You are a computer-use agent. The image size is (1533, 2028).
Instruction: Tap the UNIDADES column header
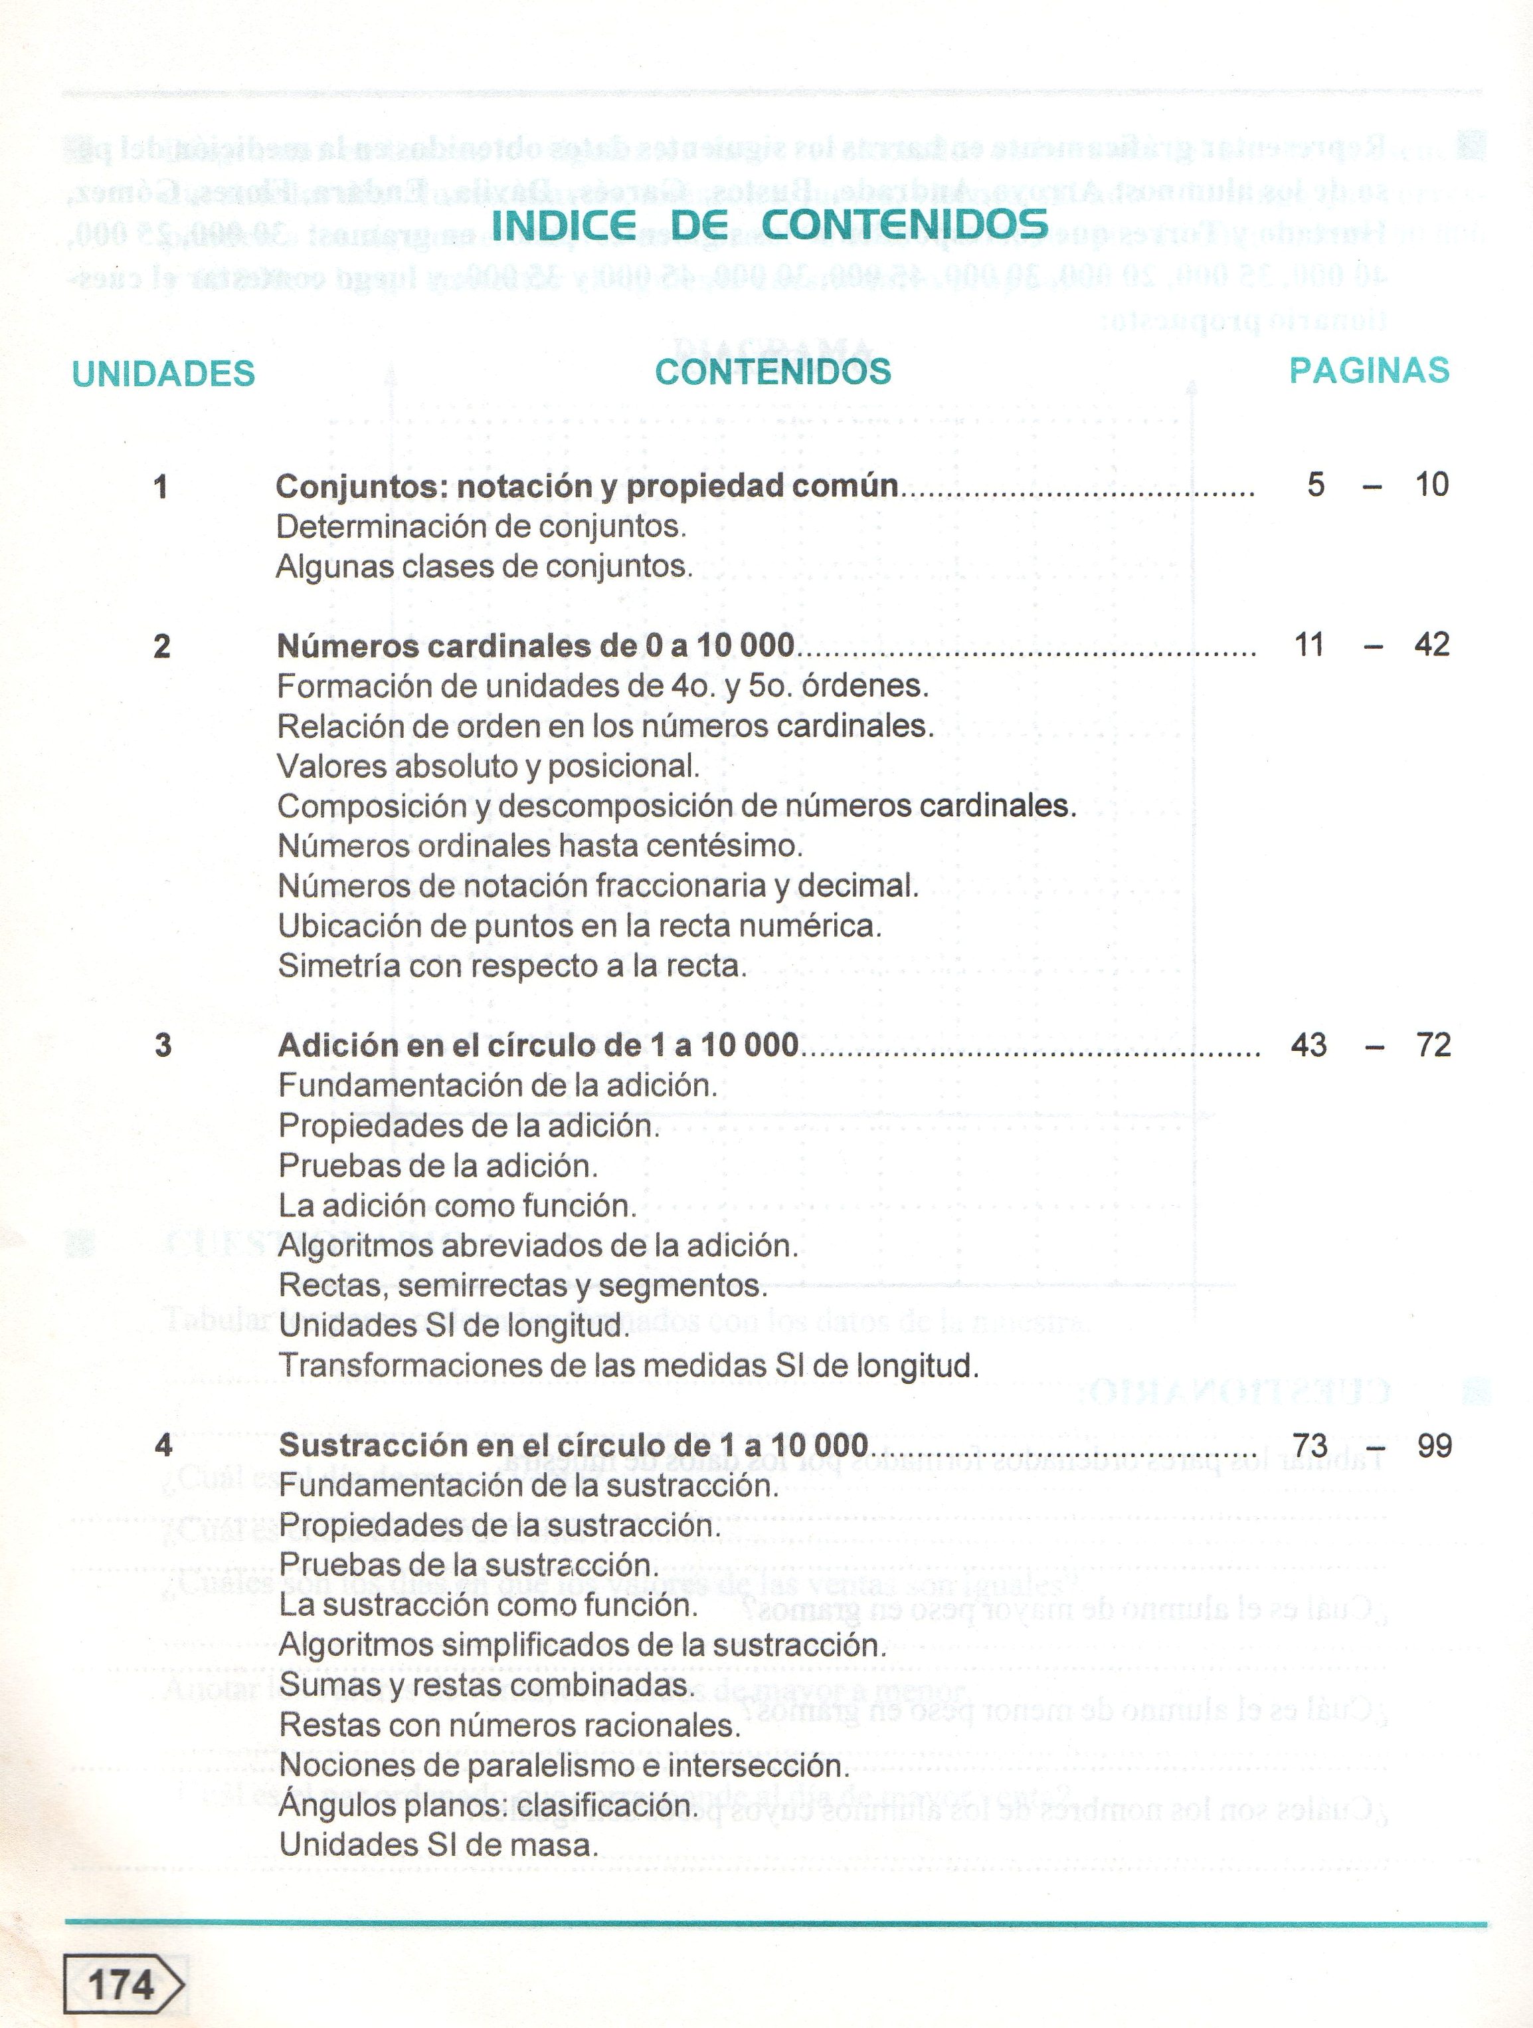tap(163, 373)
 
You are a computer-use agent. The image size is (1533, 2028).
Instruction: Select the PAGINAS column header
tap(1368, 370)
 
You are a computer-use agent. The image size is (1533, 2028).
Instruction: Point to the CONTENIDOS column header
tap(772, 372)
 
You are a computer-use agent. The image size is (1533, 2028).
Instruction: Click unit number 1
tap(161, 486)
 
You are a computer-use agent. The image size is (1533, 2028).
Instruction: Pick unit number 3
tap(163, 1045)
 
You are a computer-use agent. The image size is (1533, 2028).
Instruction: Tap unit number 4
tap(163, 1446)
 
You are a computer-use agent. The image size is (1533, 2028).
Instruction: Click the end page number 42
tap(1431, 645)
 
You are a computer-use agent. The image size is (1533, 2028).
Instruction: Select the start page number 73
tap(1309, 1446)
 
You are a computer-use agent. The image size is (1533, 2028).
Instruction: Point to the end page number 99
tap(1434, 1446)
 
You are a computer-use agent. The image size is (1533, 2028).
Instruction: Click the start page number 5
tap(1316, 484)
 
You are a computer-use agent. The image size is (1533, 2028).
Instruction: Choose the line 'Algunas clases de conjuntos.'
tap(484, 566)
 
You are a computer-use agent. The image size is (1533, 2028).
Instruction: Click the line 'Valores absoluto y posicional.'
tap(488, 766)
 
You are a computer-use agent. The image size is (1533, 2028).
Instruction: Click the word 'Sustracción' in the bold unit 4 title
tap(367, 1446)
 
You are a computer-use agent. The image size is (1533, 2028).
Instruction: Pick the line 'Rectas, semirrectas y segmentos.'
tap(522, 1286)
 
